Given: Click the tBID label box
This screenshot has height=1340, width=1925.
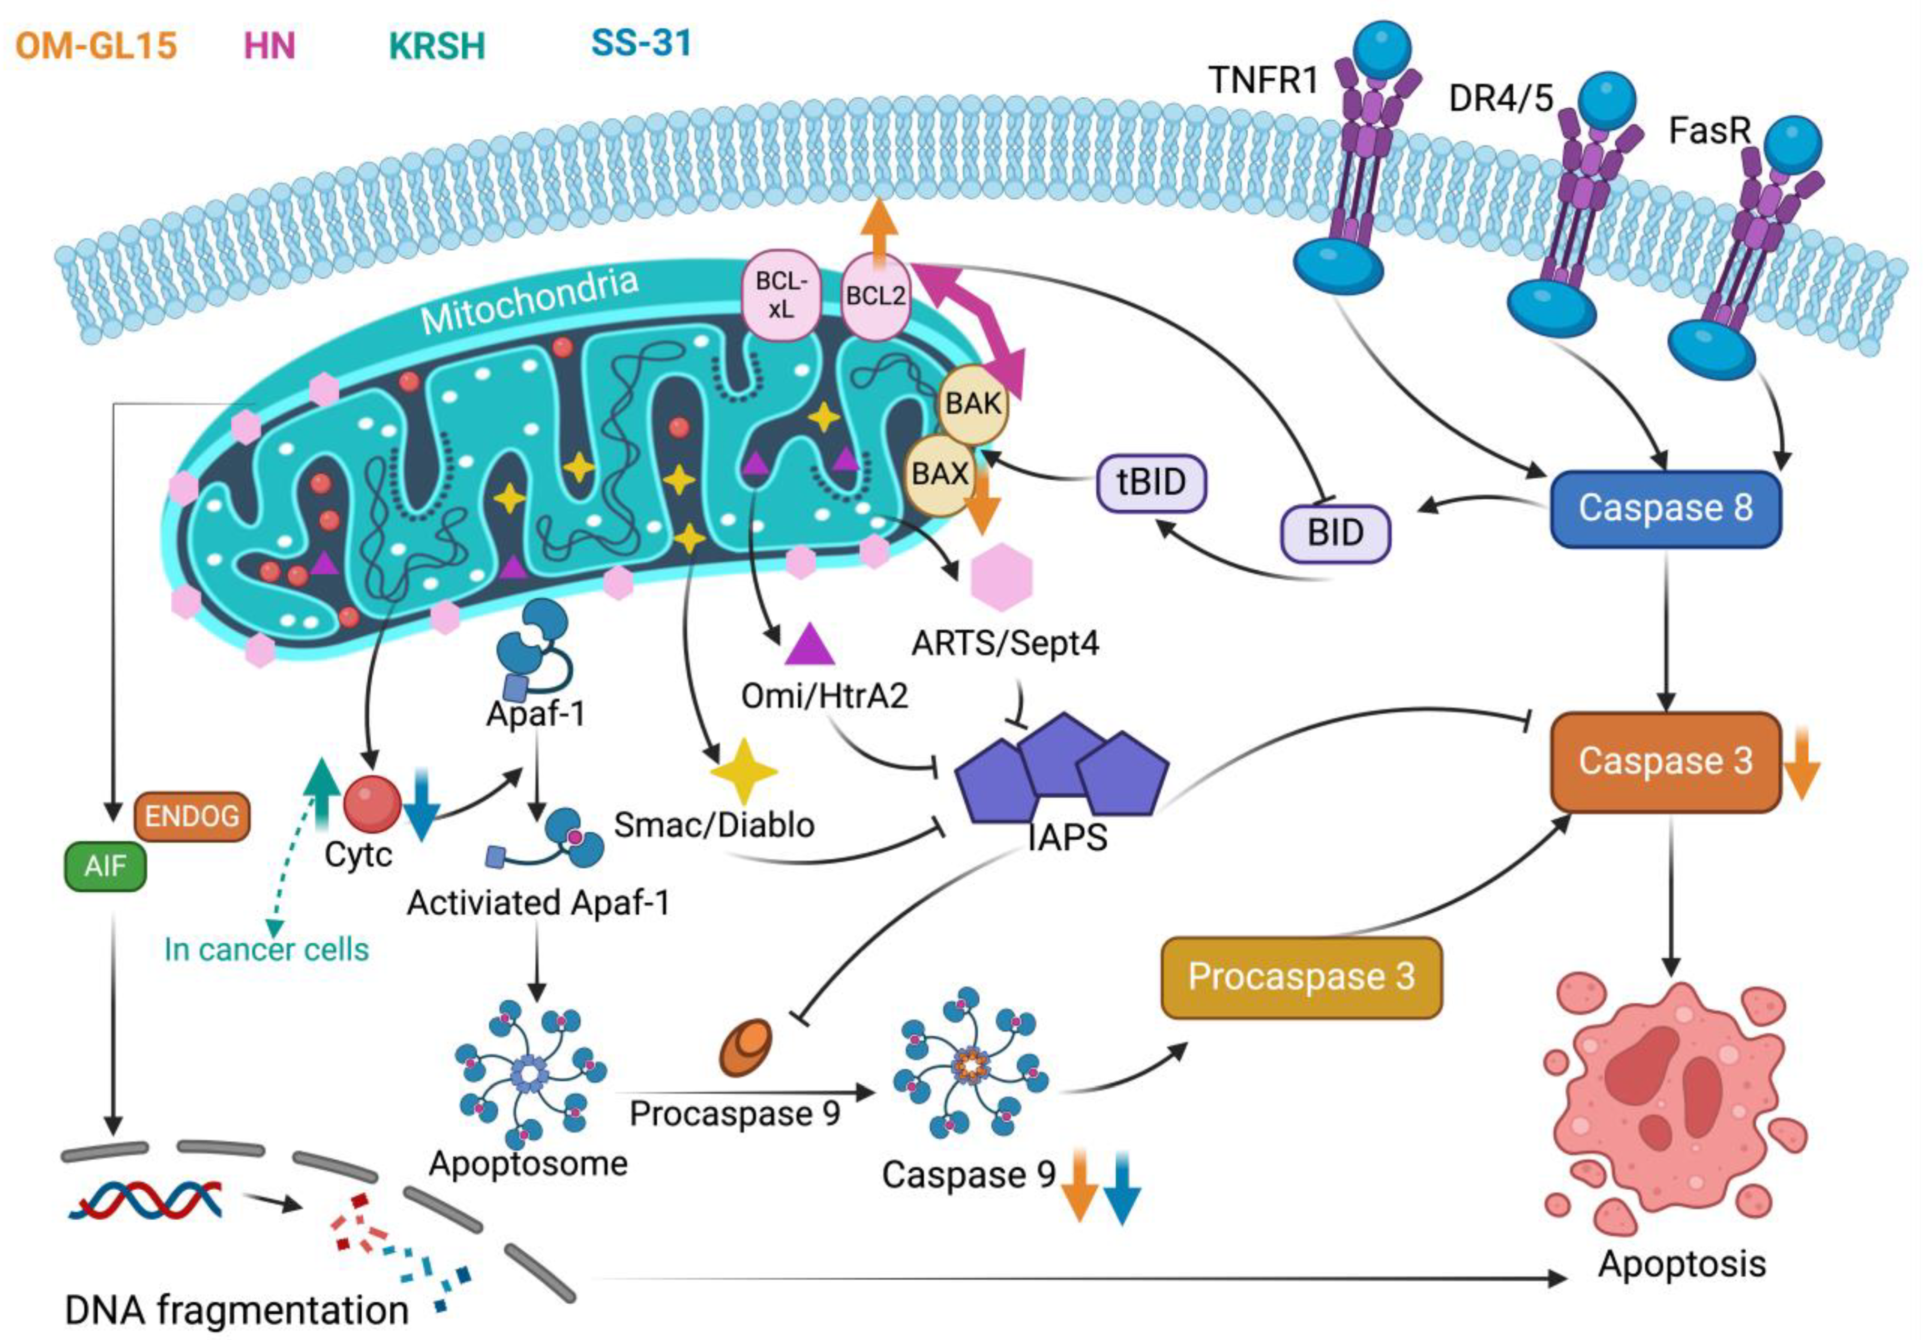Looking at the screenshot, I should [x=1151, y=483].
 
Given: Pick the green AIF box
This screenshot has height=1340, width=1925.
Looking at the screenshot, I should [x=105, y=865].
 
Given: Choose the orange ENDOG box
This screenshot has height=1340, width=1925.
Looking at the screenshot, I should [x=192, y=816].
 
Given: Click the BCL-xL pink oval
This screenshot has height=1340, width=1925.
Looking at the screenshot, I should [x=780, y=294].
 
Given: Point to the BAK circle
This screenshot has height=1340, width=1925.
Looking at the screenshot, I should [x=973, y=404].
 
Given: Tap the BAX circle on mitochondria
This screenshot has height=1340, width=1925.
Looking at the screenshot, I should [x=940, y=475].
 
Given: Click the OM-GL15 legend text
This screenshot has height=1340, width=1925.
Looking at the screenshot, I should [x=96, y=45].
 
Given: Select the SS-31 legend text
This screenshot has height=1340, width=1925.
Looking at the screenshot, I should [x=641, y=42].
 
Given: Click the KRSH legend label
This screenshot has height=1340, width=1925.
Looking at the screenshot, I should [x=437, y=45].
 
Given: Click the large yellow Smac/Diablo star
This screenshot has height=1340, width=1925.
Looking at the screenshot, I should [x=743, y=771].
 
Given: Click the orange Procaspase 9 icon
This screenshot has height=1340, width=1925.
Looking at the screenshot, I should [x=746, y=1047].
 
